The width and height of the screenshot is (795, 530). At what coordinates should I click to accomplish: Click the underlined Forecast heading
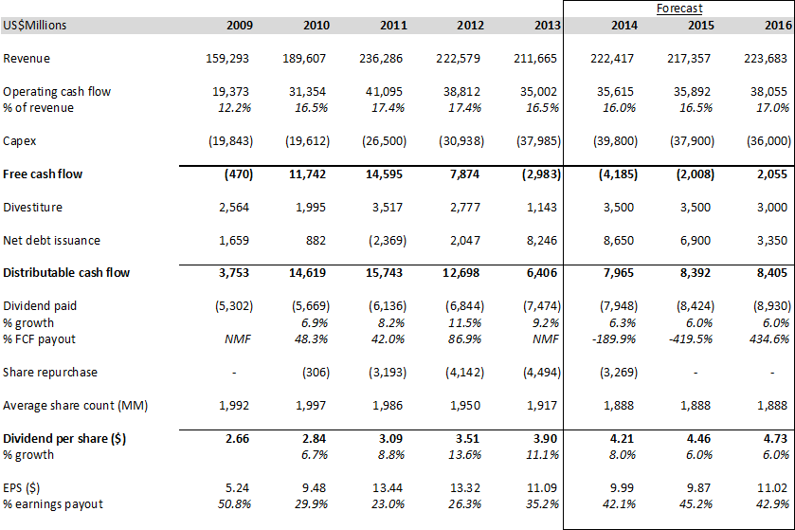(x=679, y=8)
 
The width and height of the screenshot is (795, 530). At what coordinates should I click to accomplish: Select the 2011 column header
(x=390, y=25)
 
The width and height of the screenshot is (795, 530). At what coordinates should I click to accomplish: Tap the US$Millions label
(x=35, y=25)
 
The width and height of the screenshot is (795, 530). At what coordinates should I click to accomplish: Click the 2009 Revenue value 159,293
(x=226, y=59)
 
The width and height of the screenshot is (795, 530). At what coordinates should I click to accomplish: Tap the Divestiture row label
(x=33, y=207)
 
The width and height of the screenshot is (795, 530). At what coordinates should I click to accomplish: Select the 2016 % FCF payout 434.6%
(x=768, y=339)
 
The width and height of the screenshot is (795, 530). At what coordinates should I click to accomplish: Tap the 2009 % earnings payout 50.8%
(x=231, y=503)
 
